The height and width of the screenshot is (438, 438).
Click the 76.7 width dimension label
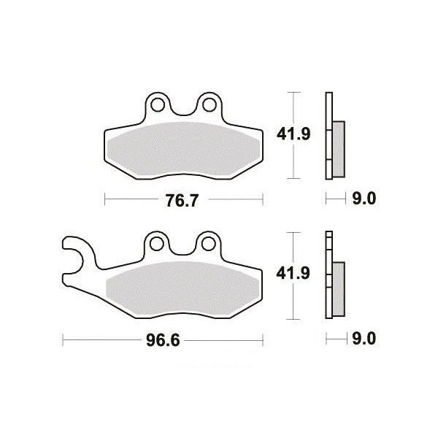tap(182, 200)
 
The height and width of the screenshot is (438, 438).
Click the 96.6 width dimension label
tap(163, 340)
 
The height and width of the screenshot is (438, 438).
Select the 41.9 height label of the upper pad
tap(293, 134)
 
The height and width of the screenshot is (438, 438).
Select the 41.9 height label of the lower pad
tap(293, 273)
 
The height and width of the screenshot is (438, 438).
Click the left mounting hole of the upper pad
tap(157, 104)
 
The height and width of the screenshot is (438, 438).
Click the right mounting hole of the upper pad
tap(210, 104)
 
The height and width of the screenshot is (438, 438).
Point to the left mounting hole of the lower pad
tap(156, 244)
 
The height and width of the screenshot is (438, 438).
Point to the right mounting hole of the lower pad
tap(208, 244)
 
